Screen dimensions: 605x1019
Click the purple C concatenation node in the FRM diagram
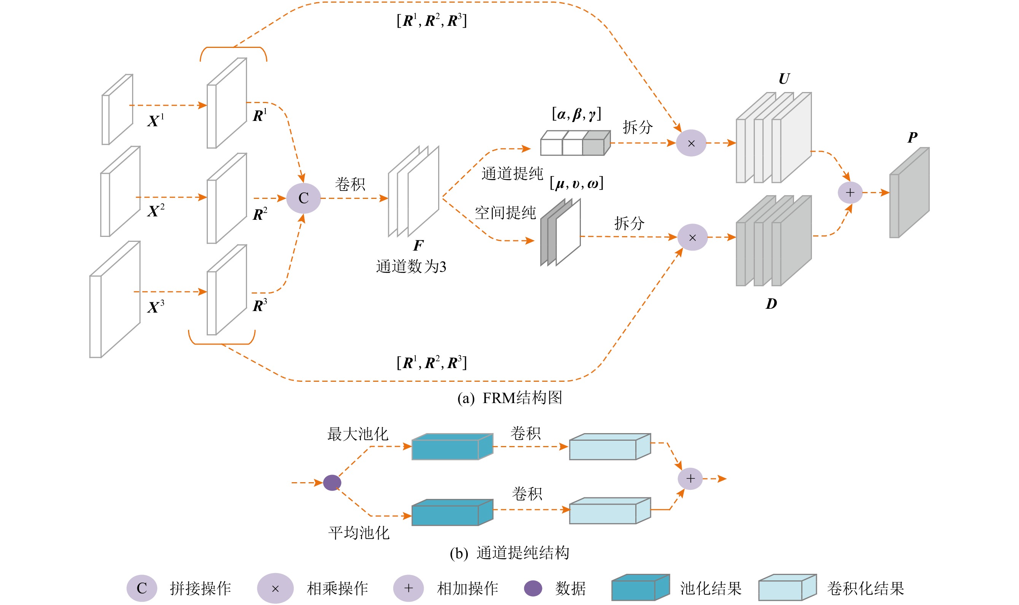click(303, 198)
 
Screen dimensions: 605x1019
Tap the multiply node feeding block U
click(691, 143)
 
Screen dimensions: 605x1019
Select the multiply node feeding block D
click(692, 237)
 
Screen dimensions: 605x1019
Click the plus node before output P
click(850, 192)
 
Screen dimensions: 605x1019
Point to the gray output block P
click(909, 193)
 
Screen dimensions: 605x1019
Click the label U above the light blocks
click(783, 79)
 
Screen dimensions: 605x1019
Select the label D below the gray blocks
click(771, 304)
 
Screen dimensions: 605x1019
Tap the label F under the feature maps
click(418, 245)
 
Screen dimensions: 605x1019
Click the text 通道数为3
click(411, 267)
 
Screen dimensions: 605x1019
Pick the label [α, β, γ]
click(576, 114)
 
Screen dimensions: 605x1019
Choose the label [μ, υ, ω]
click(576, 183)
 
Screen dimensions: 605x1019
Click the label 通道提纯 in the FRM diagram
click(512, 174)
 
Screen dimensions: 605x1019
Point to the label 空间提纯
click(505, 213)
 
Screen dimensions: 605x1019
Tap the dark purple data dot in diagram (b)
click(332, 483)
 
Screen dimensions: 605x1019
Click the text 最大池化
click(357, 434)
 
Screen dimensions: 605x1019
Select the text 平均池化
click(359, 533)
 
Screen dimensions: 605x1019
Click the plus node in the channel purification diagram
click(690, 478)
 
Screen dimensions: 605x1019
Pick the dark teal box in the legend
click(640, 588)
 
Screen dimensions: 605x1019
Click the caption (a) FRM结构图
click(510, 398)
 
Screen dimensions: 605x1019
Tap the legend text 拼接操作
click(200, 588)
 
